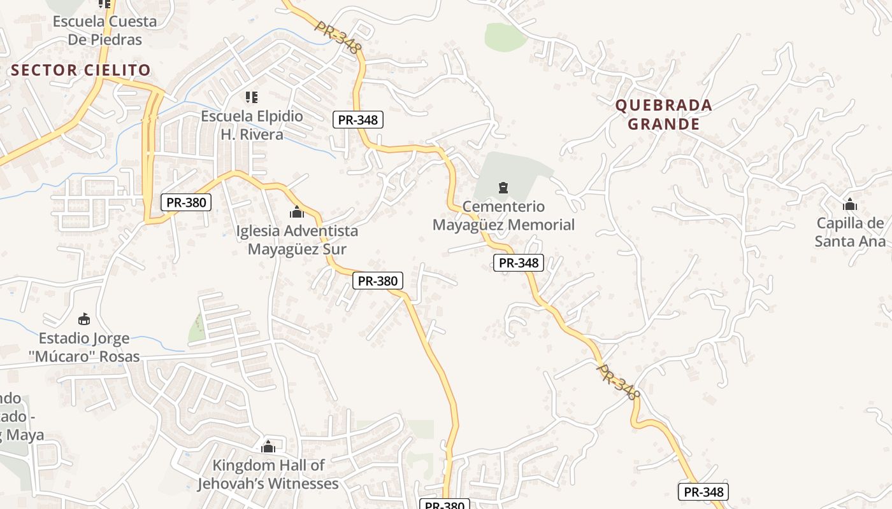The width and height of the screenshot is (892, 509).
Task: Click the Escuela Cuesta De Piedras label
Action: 104,30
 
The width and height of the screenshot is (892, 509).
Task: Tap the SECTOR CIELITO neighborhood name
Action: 81,70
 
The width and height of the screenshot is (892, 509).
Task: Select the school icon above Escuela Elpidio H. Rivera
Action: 252,97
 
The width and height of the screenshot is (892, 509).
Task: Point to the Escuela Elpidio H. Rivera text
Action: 252,125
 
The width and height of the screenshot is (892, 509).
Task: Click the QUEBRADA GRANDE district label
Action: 663,115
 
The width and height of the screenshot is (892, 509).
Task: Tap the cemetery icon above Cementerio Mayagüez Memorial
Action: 503,188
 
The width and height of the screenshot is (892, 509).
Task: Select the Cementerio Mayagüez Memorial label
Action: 503,216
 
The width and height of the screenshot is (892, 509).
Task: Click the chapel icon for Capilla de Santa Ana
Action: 849,205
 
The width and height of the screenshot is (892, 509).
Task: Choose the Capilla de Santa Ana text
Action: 850,232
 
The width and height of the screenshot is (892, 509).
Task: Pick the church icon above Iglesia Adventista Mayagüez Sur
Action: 297,212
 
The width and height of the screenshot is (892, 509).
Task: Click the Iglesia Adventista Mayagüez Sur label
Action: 297,239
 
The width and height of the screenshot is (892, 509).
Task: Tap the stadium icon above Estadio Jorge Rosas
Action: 83,319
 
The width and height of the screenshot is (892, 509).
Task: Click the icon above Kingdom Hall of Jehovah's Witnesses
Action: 268,447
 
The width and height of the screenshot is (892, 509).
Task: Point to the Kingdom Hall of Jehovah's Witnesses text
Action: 268,475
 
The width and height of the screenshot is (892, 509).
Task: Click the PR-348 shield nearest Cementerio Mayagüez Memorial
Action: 518,263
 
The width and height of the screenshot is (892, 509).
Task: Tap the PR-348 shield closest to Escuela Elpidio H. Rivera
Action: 357,120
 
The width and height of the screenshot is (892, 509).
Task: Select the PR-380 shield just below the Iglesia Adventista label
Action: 377,281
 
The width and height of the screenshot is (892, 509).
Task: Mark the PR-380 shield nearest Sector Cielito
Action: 185,202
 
